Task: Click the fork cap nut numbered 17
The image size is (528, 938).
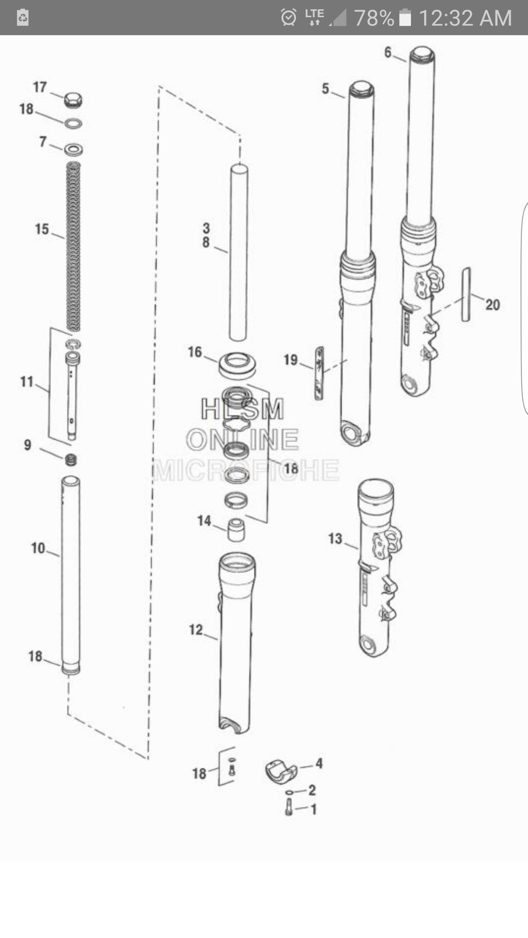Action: (x=73, y=99)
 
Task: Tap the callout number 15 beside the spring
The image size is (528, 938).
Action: (x=42, y=229)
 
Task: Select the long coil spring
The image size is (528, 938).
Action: (x=73, y=246)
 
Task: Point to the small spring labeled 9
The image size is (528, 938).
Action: (x=70, y=459)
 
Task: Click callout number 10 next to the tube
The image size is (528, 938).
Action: (x=38, y=548)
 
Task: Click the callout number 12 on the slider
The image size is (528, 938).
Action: (x=196, y=630)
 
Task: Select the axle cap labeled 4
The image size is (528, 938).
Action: (x=281, y=772)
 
